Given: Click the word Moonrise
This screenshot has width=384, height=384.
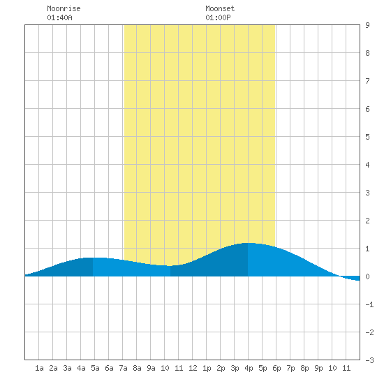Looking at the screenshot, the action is coord(64,8).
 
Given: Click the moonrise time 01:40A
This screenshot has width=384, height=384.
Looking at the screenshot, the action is coord(59,17).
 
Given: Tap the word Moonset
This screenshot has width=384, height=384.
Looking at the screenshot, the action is coord(220,8).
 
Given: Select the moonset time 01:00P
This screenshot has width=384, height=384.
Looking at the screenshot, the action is coord(218,17).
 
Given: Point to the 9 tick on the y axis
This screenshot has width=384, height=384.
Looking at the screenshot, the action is coord(367,25).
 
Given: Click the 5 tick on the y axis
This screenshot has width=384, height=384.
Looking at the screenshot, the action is coord(367,137).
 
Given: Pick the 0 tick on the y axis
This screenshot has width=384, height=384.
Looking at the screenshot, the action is coord(367,276).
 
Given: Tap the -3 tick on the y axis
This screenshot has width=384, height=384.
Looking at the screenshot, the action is coord(369,360).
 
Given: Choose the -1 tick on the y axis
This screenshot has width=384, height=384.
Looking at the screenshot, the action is coord(369,304).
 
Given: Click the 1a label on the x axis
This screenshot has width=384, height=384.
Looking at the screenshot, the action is coord(39,368).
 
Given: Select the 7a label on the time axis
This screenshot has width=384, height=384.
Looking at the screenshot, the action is coord(123,368).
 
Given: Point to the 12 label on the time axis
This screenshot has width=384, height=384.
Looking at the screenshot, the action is coord(193,368).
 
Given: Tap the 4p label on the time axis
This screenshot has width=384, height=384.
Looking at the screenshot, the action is coord(249,368).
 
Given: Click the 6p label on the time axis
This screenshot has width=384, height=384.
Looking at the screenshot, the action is coord(276,368).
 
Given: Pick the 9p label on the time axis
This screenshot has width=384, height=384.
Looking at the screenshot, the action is coord(318,368).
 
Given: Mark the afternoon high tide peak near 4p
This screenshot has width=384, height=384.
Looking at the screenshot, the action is coord(248,243).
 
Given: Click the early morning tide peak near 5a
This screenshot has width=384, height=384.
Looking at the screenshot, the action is coord(93,258).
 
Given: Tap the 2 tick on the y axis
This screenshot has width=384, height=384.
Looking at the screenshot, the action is coord(367,221).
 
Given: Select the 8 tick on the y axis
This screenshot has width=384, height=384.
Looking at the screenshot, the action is coord(367,53).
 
